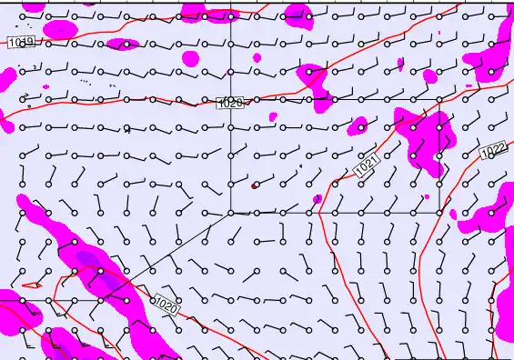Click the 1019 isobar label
tap(22, 43)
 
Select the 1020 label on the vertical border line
tap(230, 103)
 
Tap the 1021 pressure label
tap(366, 166)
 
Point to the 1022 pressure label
tap(493, 150)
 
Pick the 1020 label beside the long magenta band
tap(166, 306)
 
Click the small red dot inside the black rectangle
tap(255, 185)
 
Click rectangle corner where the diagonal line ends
tap(230, 213)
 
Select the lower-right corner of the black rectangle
tap(440, 213)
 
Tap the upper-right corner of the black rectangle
tap(440, 101)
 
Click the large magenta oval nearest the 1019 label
tap(60, 29)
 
